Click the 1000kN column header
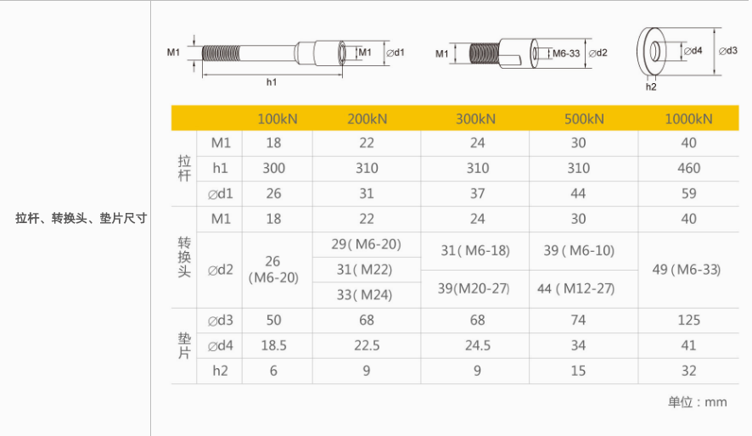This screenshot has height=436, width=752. tap(688, 119)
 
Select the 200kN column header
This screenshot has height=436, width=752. tap(367, 119)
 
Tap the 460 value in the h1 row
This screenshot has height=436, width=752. tap(688, 168)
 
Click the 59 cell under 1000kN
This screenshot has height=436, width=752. tap(688, 193)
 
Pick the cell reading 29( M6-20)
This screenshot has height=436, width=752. tap(366, 244)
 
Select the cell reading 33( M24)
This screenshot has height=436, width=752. tap(364, 294)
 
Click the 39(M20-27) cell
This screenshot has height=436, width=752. tap(474, 288)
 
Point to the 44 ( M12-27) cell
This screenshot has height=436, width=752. tap(575, 288)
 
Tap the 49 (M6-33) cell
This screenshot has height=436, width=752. tap(687, 270)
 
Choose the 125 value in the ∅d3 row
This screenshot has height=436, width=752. tap(688, 320)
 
